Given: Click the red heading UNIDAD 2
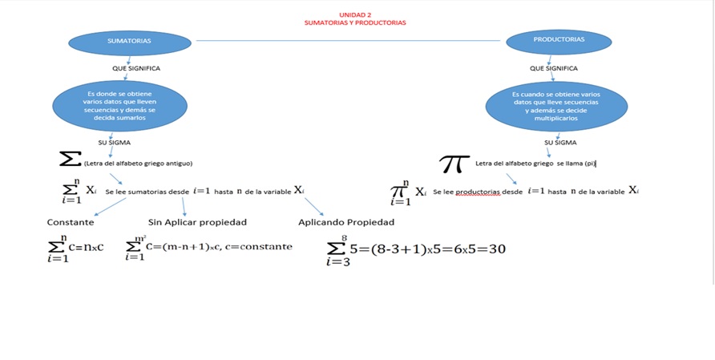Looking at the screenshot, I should pyautogui.click(x=355, y=14).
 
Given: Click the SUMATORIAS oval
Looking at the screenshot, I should pyautogui.click(x=129, y=40).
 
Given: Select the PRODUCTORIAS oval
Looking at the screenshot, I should pyautogui.click(x=559, y=39).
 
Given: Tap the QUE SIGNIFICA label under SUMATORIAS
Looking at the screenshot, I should pyautogui.click(x=135, y=68).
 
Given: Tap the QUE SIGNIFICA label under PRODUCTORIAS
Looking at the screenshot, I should pyautogui.click(x=553, y=68).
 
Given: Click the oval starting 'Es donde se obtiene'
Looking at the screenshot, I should pyautogui.click(x=119, y=106).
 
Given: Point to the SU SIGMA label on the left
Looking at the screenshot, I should pyautogui.click(x=114, y=142).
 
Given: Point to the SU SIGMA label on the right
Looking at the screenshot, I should pyautogui.click(x=560, y=143).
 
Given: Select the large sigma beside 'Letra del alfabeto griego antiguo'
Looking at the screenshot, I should pyautogui.click(x=70, y=160).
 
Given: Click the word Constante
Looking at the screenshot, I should pyautogui.click(x=71, y=222).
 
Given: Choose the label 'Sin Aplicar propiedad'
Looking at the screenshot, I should pyautogui.click(x=197, y=222).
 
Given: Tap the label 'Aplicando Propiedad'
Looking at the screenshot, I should pyautogui.click(x=346, y=222).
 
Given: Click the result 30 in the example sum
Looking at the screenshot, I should pyautogui.click(x=497, y=249).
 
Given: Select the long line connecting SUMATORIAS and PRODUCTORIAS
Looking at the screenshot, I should pyautogui.click(x=351, y=40).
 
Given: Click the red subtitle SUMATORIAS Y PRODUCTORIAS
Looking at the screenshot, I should pyautogui.click(x=355, y=22).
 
